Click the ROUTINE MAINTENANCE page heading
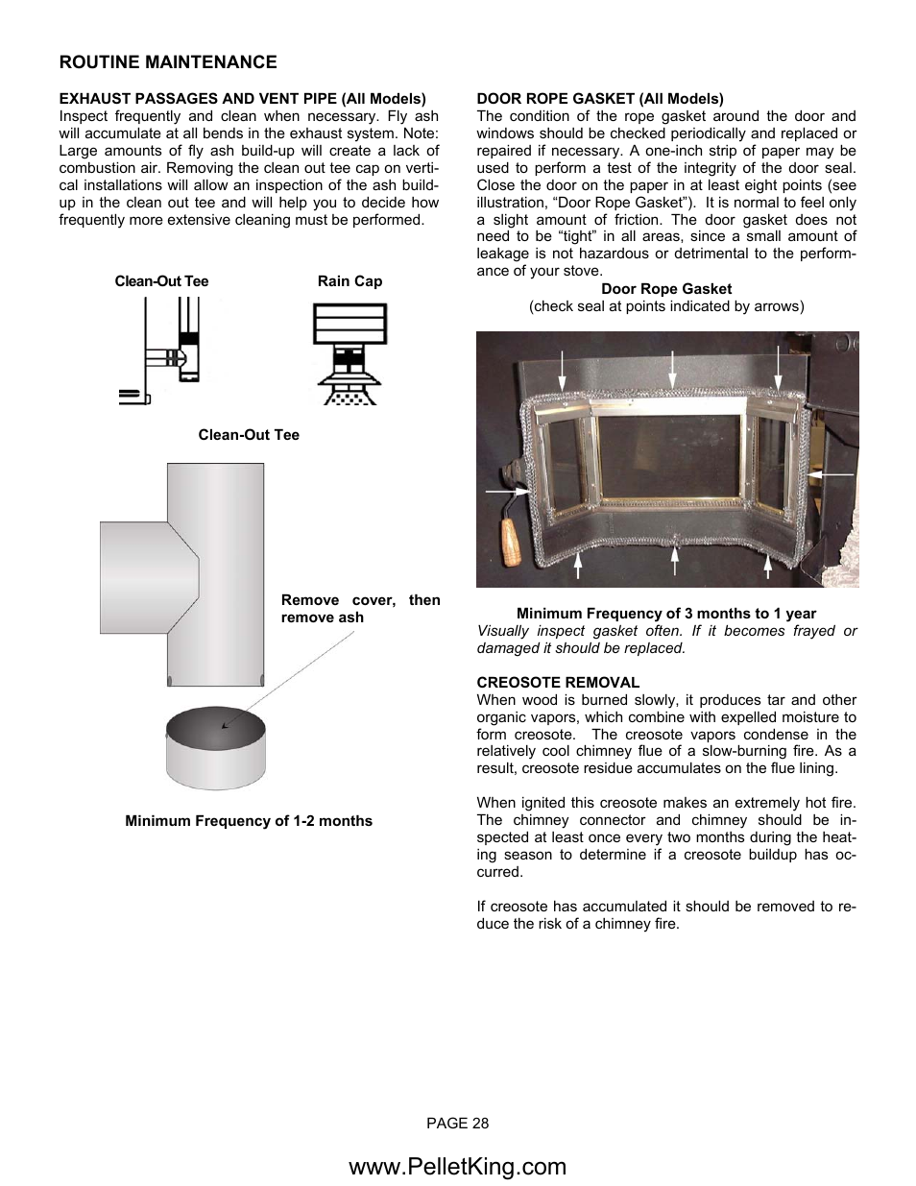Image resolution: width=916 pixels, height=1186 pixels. (168, 62)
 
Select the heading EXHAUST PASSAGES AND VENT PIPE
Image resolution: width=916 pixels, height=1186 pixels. (242, 99)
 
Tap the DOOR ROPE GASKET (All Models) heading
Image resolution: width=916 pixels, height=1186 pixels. (600, 99)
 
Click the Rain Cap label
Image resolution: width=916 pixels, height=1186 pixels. (350, 281)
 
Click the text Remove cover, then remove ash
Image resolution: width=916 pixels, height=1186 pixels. (360, 609)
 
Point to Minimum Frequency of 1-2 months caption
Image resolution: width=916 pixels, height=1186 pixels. (249, 821)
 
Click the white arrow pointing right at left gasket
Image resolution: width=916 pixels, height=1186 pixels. (505, 491)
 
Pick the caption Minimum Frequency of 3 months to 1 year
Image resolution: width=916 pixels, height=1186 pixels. (666, 614)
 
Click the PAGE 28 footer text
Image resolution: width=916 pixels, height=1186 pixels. (458, 1124)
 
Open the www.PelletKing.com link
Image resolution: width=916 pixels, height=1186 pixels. (458, 1166)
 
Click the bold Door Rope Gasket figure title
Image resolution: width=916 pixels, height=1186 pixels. (666, 289)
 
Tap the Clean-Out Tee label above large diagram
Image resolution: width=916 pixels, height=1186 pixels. (249, 435)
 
